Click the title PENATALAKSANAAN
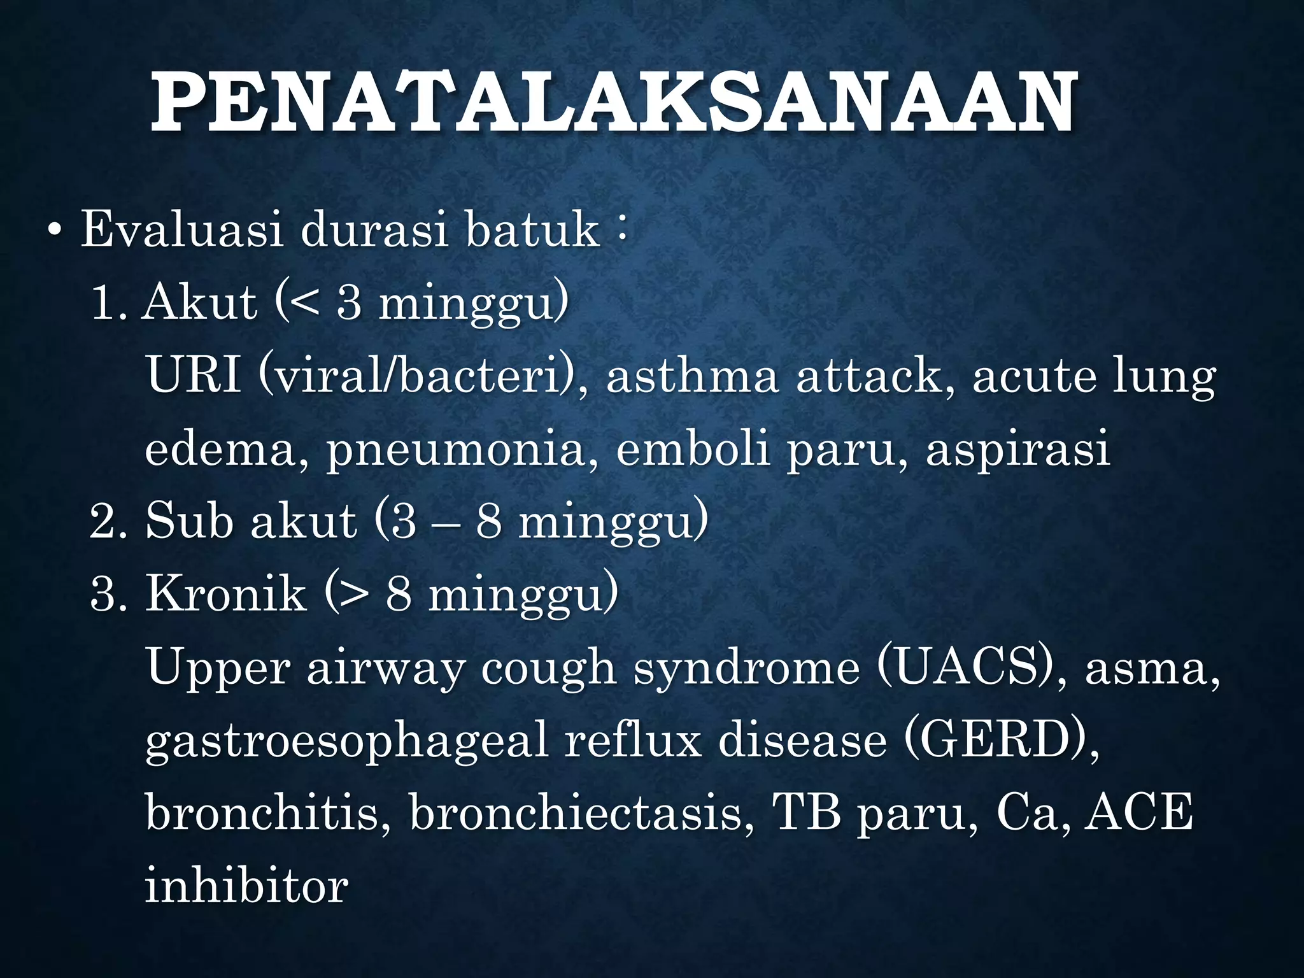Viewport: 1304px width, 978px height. point(613,103)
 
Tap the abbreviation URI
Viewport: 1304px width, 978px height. point(194,376)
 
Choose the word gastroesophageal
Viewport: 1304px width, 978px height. point(346,742)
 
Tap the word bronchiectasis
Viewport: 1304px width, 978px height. point(576,813)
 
